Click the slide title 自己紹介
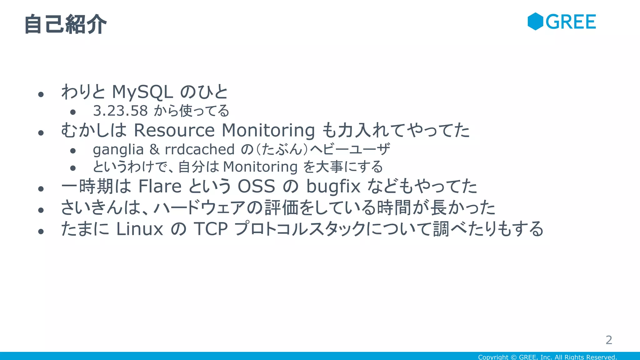click(65, 24)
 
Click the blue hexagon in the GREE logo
click(535, 22)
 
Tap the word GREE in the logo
click(571, 22)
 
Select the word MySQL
click(142, 92)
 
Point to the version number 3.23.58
click(120, 111)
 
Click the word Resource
click(174, 130)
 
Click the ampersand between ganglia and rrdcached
click(154, 149)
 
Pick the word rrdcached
click(199, 149)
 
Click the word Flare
click(160, 187)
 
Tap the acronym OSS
click(256, 187)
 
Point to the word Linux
click(140, 229)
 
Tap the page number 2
click(609, 340)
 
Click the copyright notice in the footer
click(547, 357)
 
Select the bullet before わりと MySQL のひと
click(41, 94)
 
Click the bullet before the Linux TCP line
click(41, 231)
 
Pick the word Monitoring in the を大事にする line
click(260, 167)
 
